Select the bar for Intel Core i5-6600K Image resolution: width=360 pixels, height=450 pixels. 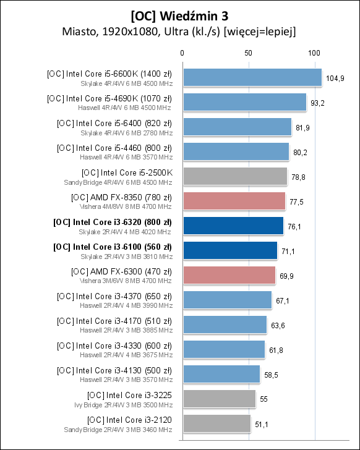pos(252,77)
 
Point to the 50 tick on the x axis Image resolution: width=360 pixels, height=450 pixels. pos(248,53)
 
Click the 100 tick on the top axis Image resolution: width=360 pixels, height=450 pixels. pos(314,53)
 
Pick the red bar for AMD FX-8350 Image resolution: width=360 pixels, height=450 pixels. pos(233,201)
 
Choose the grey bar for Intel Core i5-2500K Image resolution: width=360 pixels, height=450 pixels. pos(234,176)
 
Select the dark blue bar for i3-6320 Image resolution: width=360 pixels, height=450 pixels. pos(233,226)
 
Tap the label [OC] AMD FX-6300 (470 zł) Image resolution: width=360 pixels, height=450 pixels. pos(121,271)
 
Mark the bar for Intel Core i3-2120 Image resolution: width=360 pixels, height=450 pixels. pos(216,423)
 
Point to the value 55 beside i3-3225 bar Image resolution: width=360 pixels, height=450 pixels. pos(264,399)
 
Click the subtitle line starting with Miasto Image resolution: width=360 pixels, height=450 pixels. pos(179,31)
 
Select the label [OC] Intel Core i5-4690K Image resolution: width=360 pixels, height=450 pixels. pos(109,98)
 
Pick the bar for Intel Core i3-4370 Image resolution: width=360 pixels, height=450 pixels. pos(226,300)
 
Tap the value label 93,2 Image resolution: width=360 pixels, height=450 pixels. pos(318,103)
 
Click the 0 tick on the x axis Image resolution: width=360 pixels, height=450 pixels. pos(182,53)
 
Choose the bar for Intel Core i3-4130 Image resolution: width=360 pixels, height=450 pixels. pos(221,374)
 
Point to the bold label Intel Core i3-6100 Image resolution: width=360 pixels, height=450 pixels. pos(113,247)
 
